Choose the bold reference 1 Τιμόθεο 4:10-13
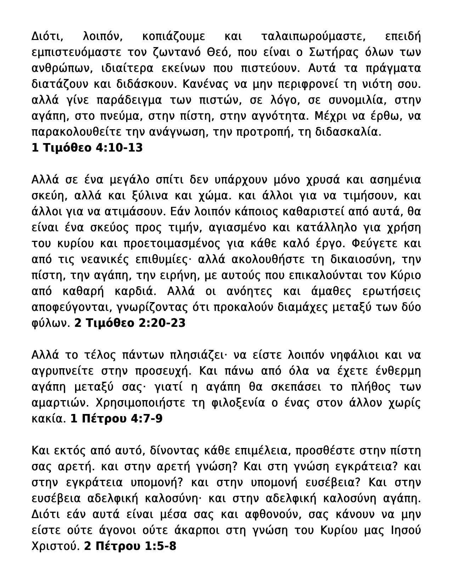[87, 148]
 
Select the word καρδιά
[136, 291]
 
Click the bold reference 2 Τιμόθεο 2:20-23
[130, 323]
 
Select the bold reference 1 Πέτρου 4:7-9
[117, 419]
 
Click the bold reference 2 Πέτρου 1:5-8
[130, 546]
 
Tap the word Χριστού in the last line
[55, 546]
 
